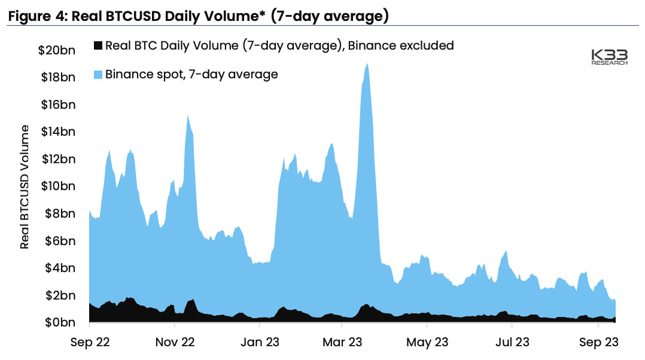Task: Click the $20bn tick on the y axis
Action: point(57,50)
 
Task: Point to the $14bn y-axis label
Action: point(58,132)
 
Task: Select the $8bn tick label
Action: point(60,213)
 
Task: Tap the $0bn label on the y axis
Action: point(60,323)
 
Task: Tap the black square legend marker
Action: point(98,45)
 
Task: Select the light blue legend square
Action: point(98,75)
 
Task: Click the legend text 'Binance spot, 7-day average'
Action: point(191,75)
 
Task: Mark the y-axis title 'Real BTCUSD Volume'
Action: point(25,187)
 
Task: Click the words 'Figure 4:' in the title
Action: point(36,16)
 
